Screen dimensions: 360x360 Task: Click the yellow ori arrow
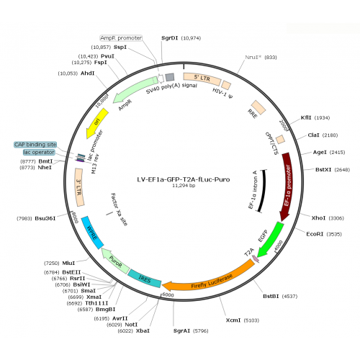coord(98,122)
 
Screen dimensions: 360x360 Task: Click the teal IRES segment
coord(145,279)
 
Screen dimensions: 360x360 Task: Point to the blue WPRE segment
coord(92,233)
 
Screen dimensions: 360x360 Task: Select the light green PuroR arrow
coord(114,261)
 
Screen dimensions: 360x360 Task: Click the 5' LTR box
coord(202,78)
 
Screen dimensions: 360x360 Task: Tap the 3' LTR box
coord(79,187)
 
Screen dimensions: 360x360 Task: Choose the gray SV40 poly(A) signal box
coord(170,77)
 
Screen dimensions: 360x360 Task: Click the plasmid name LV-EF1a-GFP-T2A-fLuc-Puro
coord(184,179)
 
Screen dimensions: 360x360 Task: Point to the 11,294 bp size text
coord(184,186)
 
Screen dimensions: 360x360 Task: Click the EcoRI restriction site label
coord(315,234)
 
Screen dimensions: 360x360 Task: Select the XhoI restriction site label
coord(318,218)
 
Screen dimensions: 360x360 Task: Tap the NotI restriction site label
coord(131,325)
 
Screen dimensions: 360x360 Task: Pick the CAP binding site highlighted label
coord(35,145)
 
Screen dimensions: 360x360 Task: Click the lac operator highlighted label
coord(39,152)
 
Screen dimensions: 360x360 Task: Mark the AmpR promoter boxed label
coord(121,38)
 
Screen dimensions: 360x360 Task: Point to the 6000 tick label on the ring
coord(168,294)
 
